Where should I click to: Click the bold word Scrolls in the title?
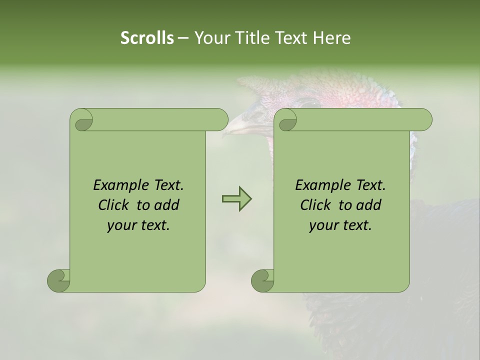[147, 37]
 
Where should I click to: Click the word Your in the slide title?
[210, 37]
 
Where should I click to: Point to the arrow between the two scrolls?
[236, 199]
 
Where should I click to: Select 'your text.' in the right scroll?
[340, 225]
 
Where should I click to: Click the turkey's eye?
[306, 104]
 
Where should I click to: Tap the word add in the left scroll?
[167, 205]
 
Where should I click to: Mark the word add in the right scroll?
[369, 205]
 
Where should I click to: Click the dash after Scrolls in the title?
[183, 38]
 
